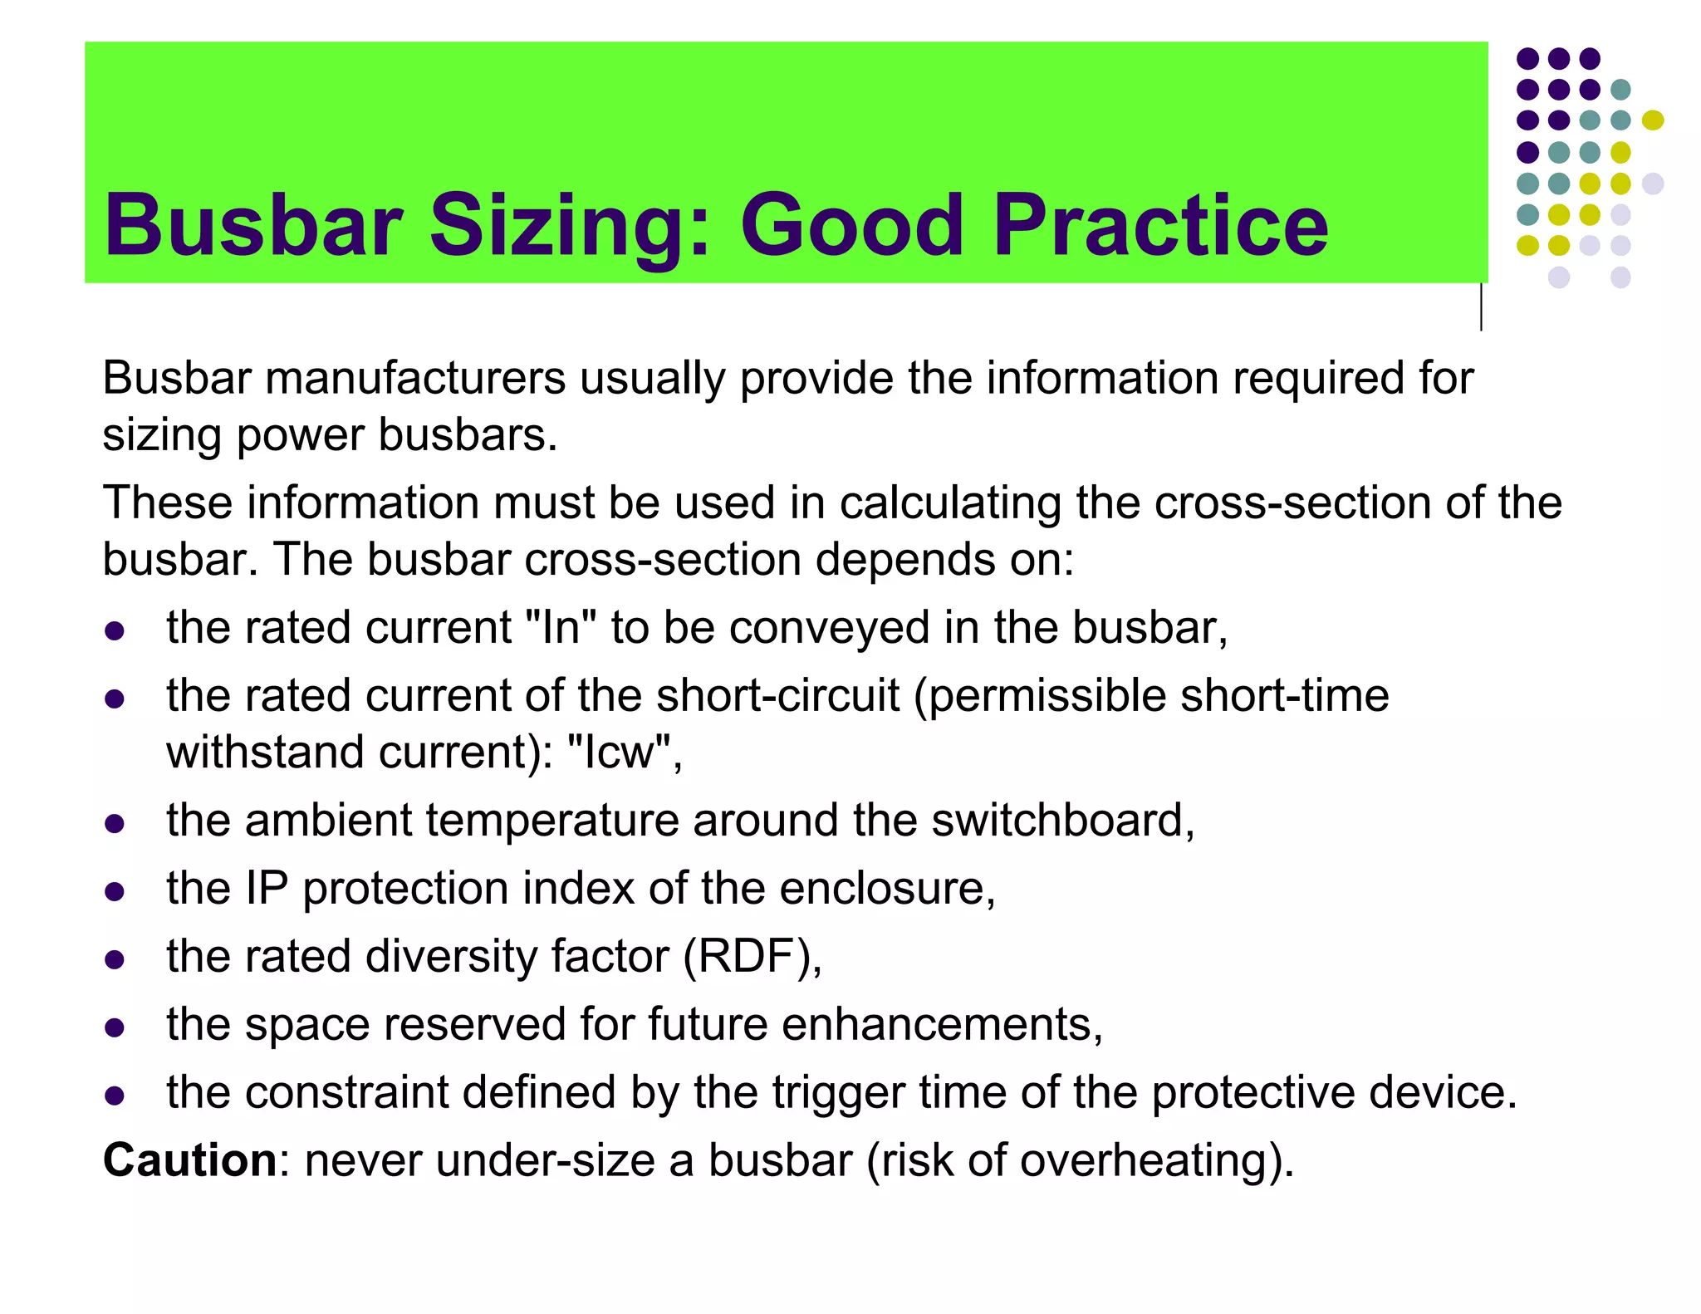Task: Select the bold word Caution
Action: (189, 1160)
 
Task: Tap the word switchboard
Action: (1061, 821)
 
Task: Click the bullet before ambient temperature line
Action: (115, 824)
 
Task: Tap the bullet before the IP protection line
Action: (115, 892)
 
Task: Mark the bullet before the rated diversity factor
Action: (115, 960)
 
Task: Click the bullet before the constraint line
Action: (115, 1096)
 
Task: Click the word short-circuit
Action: (777, 695)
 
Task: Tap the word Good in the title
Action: (851, 226)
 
